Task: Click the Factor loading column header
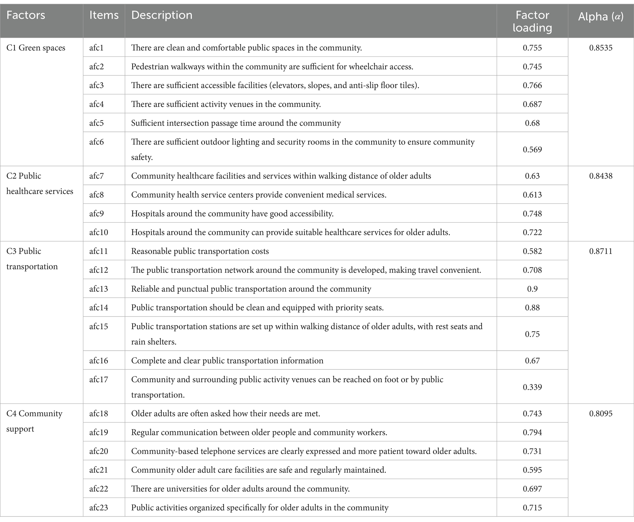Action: (x=532, y=21)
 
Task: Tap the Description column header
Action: (x=162, y=15)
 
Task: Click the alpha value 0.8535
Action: (x=601, y=48)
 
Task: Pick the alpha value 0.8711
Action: (x=601, y=251)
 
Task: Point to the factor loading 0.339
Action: (x=532, y=387)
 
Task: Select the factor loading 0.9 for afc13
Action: (x=532, y=289)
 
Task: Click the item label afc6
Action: (x=97, y=142)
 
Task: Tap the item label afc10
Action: (x=99, y=232)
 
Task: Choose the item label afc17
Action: (x=99, y=379)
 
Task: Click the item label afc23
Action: (x=99, y=508)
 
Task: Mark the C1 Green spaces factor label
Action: (x=36, y=48)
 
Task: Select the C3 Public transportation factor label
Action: (x=32, y=259)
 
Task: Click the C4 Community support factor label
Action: (x=34, y=421)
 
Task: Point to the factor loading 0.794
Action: (x=532, y=432)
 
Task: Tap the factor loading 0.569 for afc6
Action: (x=532, y=150)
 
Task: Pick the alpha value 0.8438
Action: (x=601, y=176)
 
